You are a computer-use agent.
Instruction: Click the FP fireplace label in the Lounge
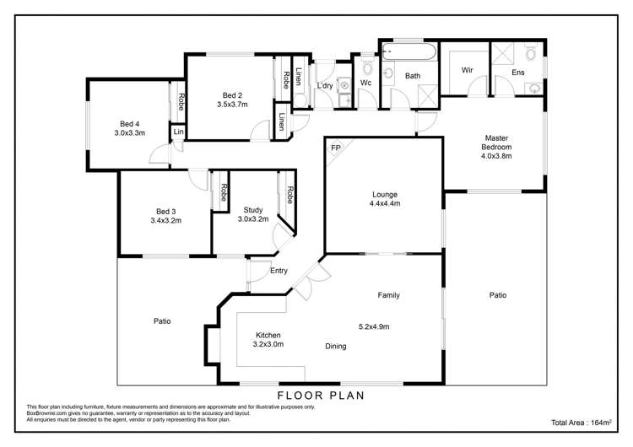coord(335,148)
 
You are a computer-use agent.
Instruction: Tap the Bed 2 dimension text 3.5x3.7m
coord(232,105)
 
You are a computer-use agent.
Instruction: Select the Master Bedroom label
coord(496,143)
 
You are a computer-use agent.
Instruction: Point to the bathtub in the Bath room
coord(409,52)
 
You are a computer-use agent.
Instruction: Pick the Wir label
coord(467,70)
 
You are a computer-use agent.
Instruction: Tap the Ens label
coord(518,73)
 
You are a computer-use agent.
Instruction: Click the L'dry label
coord(325,85)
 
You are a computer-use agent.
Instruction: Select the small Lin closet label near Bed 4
coord(178,132)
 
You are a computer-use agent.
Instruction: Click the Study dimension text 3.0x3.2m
coord(253,219)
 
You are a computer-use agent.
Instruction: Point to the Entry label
coord(279,271)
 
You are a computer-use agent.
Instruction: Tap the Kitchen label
coord(268,336)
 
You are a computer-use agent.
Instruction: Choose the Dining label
coord(335,346)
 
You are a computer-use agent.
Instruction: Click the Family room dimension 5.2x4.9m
coord(374,326)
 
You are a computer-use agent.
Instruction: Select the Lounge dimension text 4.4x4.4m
coord(385,203)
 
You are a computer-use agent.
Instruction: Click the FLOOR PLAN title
coord(321,396)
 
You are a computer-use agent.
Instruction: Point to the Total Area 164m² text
coord(582,423)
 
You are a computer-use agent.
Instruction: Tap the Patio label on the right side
coord(498,295)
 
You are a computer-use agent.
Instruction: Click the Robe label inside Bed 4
coord(181,102)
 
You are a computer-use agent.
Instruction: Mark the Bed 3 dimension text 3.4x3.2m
coord(166,221)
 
